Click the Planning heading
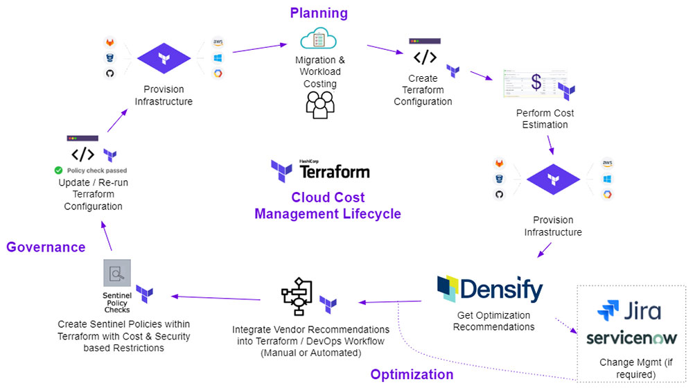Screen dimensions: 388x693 pos(319,13)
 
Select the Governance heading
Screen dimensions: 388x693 pos(46,247)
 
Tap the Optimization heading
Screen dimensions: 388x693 pos(412,375)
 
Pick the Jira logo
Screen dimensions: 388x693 pos(629,310)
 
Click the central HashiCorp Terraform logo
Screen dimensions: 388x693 pos(320,170)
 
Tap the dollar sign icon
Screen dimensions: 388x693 pos(536,82)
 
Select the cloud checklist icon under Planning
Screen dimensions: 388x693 pos(319,39)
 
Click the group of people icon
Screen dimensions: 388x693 pos(319,104)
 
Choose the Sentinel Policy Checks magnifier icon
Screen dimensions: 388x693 pos(116,273)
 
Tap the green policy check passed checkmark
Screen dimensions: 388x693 pos(59,170)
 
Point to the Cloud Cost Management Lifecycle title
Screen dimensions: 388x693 pos(328,206)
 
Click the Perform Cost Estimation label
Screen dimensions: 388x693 pos(545,118)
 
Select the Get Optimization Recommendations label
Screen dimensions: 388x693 pos(493,321)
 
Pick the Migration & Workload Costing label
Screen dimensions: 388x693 pos(319,72)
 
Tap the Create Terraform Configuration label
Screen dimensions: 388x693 pos(423,90)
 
